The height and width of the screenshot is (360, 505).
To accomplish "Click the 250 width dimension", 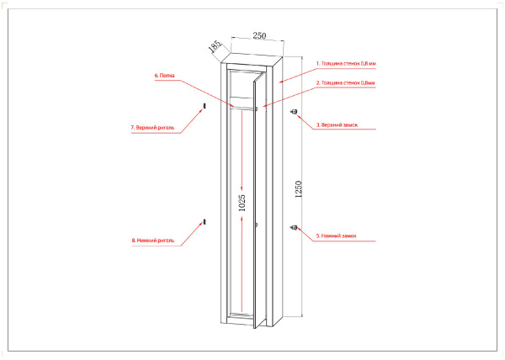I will coord(258,36).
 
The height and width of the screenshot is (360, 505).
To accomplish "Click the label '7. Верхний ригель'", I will coord(152,128).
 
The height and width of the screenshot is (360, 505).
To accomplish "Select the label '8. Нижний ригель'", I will coord(152,240).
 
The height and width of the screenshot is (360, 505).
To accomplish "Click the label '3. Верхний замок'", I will coord(337,124).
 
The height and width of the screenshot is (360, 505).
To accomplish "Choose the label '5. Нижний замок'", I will coord(336,236).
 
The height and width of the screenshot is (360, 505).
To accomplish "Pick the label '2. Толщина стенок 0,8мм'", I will coord(345,83).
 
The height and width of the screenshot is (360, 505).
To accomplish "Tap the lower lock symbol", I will coord(294,225).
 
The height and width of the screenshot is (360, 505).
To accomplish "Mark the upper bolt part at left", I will coord(204,106).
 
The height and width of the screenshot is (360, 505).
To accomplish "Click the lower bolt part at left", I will coord(204,221).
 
